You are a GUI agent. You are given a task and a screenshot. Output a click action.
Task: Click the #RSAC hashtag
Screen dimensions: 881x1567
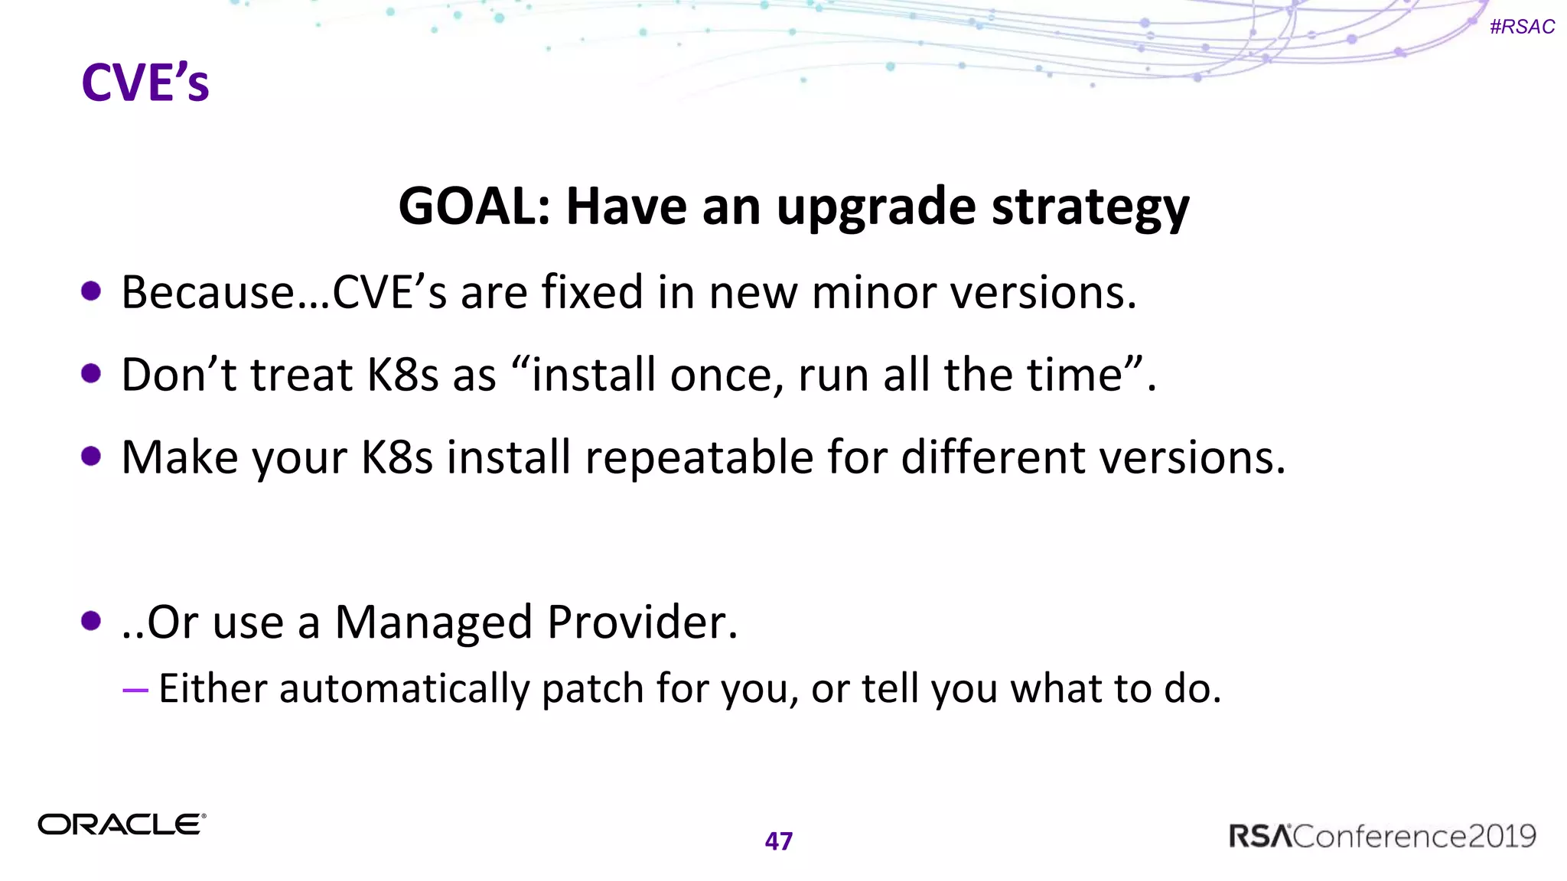click(1522, 27)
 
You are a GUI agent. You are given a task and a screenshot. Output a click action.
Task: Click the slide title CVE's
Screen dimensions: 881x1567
click(145, 83)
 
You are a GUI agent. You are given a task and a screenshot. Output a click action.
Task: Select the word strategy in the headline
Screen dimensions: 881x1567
click(1090, 208)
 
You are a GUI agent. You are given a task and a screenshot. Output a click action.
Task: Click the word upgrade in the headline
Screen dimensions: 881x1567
click(877, 208)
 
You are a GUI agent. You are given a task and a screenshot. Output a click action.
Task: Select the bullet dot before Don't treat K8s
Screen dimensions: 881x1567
click(91, 374)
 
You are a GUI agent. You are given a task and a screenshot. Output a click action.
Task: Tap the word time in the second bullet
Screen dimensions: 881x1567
click(1074, 375)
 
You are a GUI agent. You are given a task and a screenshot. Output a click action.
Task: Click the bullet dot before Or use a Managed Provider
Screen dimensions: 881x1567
click(91, 621)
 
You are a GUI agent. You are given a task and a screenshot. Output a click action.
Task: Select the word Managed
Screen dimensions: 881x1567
click(434, 623)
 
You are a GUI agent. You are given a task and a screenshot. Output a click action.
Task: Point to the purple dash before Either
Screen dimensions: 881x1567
click(135, 690)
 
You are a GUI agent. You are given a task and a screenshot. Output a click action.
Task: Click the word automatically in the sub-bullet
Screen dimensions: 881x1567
click(404, 688)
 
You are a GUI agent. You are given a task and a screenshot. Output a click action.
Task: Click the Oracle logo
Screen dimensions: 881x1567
click(122, 824)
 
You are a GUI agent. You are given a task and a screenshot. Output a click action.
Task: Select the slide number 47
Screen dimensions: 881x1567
click(779, 841)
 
